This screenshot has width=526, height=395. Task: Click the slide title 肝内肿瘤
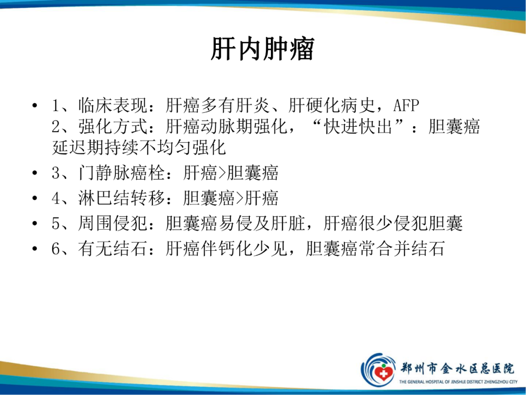click(x=263, y=49)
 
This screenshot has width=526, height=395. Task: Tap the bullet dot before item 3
click(x=34, y=174)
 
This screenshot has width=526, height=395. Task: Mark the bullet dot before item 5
click(x=34, y=224)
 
